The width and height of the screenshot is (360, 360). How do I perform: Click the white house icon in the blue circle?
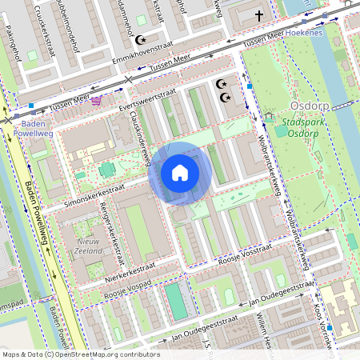coord(180,173)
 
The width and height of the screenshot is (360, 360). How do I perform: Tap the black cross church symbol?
coord(258,15)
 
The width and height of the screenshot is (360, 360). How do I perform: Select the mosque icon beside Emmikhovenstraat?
coord(142,39)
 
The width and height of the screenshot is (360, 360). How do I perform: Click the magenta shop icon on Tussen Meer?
coord(97,100)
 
